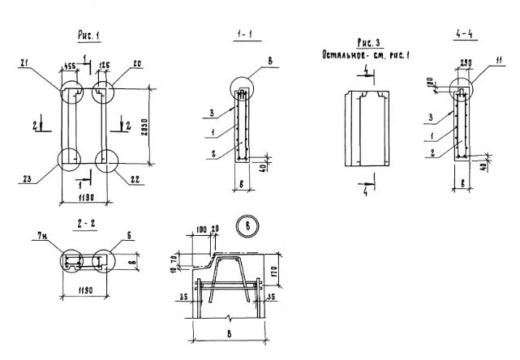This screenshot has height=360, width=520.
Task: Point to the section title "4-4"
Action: pyautogui.click(x=465, y=36)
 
